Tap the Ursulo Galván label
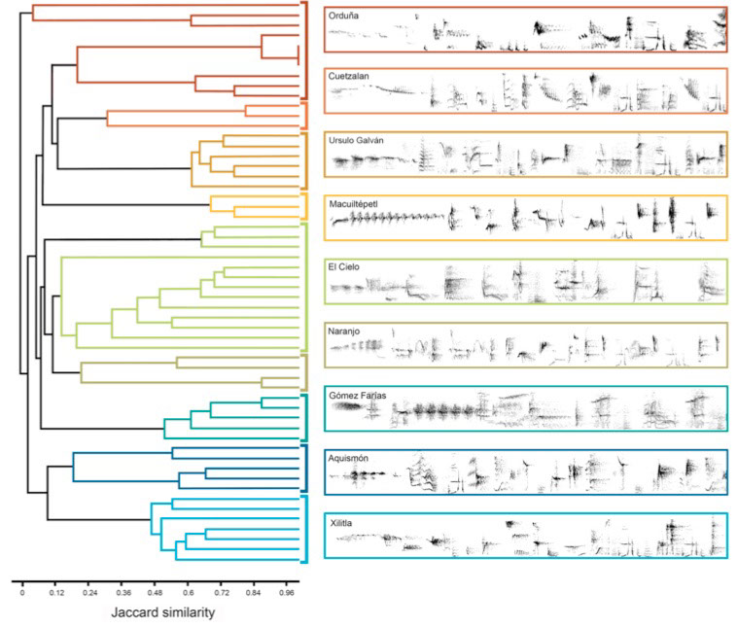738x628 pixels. pos(357,140)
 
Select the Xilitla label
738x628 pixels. pos(342,523)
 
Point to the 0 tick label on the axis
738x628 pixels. pos(21,590)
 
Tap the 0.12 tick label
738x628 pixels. pos(55,590)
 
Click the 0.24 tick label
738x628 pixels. pos(89,590)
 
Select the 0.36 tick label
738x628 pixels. pos(123,590)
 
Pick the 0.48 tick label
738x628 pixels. pos(158,590)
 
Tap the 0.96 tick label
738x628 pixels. pos(289,590)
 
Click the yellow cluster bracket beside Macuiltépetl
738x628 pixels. pos(305,204)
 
